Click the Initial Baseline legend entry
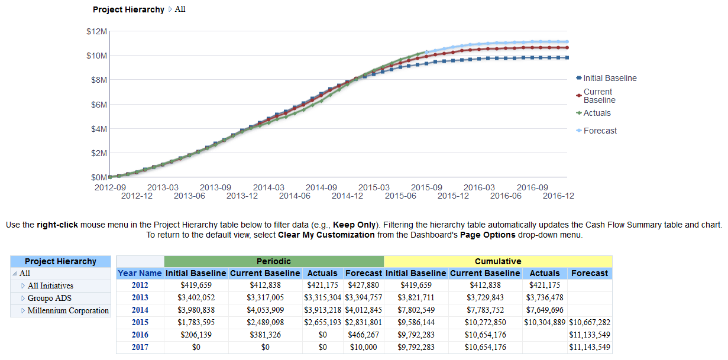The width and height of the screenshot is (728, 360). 610,78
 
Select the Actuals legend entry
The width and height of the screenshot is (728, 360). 597,113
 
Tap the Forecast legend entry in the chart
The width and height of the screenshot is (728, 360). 600,131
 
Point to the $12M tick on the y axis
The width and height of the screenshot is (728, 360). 96,31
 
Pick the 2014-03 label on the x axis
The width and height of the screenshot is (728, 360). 268,187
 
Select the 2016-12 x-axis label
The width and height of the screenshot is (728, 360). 558,196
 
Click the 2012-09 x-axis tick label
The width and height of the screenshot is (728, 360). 110,187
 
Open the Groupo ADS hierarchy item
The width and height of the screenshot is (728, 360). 49,298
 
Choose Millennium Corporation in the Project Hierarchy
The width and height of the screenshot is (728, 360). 68,310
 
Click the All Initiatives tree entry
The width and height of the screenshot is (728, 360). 50,286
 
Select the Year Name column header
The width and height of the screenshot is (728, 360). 140,273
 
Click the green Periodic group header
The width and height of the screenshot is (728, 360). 273,261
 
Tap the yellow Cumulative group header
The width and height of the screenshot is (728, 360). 497,261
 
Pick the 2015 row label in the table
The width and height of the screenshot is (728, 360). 140,322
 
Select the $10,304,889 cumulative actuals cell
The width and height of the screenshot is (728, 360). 544,322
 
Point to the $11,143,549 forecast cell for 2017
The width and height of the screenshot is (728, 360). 589,347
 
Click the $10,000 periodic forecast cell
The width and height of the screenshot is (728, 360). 363,347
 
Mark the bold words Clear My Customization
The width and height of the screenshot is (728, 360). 326,235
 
